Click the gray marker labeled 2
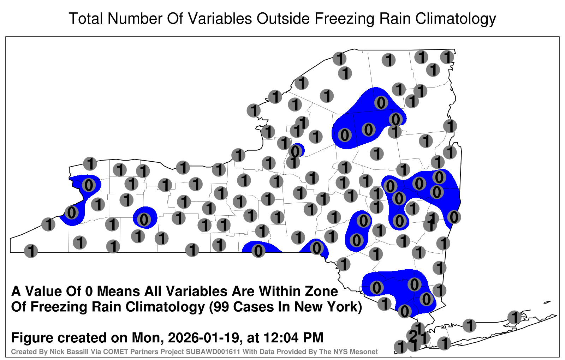[x=413, y=336]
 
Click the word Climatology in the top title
[x=456, y=19]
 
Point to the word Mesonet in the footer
[x=364, y=352]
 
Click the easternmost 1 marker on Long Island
[x=514, y=317]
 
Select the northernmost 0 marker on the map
[x=381, y=103]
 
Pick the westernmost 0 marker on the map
[x=72, y=212]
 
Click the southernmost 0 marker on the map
[x=404, y=311]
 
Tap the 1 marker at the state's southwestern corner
[x=31, y=251]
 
